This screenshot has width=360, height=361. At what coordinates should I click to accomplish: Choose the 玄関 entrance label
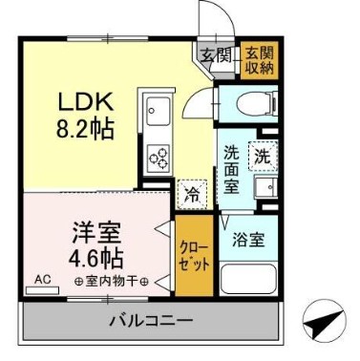211,53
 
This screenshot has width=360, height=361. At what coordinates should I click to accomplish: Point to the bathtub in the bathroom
248,280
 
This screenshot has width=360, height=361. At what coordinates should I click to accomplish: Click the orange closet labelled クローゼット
192,255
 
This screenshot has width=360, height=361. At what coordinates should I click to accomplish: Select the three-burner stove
158,156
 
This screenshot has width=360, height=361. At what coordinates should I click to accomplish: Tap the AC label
42,280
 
